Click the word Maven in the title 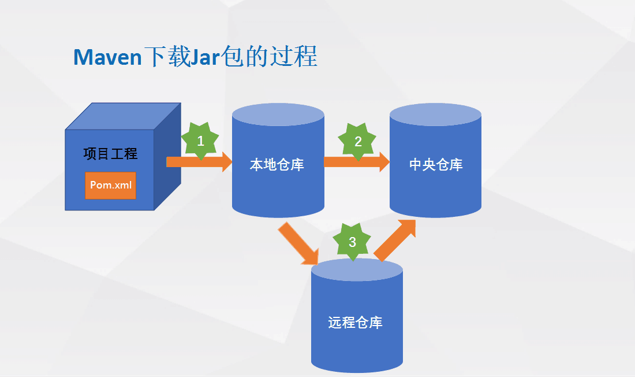tap(107, 57)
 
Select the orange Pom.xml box tap(110, 185)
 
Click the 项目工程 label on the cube tap(110, 154)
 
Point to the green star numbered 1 tap(200, 141)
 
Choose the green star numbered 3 tap(352, 242)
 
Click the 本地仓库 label tap(277, 165)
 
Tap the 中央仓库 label tap(436, 165)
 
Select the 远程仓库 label tap(356, 322)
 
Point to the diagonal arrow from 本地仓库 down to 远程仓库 tap(299, 243)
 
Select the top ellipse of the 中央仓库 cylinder tap(435, 113)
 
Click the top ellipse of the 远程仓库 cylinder tap(357, 269)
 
